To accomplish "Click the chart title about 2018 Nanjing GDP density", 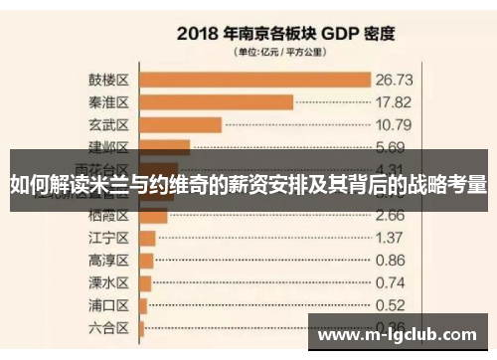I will pyautogui.click(x=286, y=33).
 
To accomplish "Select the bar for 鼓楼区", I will pyautogui.click(x=254, y=79).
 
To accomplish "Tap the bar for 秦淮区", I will pyautogui.click(x=217, y=101).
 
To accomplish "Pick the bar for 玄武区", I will pyautogui.click(x=180, y=124).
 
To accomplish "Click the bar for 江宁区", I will pyautogui.click(x=147, y=238).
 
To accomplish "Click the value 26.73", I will pyautogui.click(x=394, y=79).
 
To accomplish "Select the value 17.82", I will pyautogui.click(x=394, y=101).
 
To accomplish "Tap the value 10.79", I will pyautogui.click(x=394, y=125).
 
